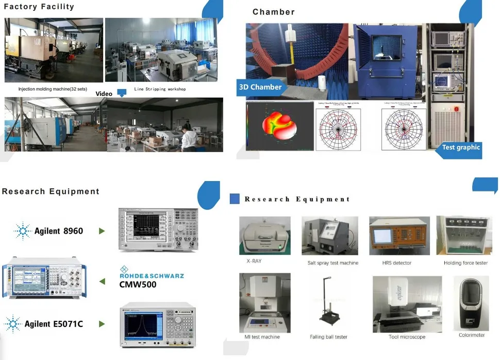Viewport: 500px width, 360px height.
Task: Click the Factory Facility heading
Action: (x=39, y=7)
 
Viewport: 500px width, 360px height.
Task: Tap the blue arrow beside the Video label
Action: (x=122, y=93)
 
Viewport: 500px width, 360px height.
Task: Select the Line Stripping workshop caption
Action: (x=160, y=89)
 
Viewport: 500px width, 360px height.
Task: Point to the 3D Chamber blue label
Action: (x=261, y=87)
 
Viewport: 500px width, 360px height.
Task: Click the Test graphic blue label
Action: (x=460, y=148)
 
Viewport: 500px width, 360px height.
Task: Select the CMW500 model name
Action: (x=138, y=284)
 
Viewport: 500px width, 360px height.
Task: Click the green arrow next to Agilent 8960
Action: (x=102, y=231)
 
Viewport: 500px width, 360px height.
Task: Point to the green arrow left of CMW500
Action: (x=102, y=281)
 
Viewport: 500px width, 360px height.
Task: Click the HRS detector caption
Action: (x=397, y=263)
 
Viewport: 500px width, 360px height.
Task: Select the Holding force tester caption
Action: (x=465, y=263)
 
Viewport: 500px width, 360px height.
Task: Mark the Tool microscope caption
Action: (x=407, y=337)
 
